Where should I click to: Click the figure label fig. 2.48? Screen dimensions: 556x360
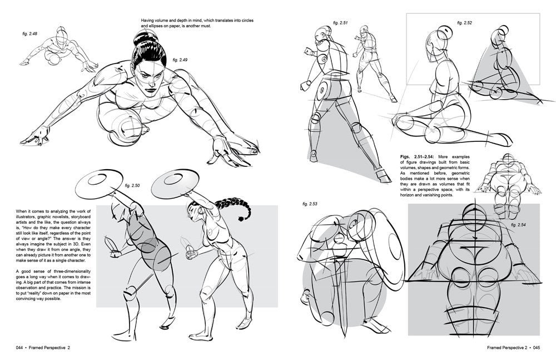tap(29, 34)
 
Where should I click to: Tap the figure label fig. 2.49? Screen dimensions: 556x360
tap(180, 60)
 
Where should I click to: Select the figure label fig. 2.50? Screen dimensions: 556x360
tap(132, 185)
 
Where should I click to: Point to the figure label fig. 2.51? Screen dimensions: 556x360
tap(340, 23)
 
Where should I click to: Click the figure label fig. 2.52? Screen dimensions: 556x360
tap(464, 23)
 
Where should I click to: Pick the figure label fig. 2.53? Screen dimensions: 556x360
tap(310, 204)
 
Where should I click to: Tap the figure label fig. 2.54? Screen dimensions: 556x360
tap(518, 225)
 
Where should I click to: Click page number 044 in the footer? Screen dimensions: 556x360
tap(19, 348)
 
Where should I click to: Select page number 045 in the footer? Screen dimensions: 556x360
tap(537, 348)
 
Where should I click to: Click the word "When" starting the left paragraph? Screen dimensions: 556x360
tap(22, 211)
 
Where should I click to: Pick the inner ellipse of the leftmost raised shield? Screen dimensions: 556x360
tap(97, 179)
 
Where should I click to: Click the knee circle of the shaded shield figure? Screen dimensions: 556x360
tap(130, 293)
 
